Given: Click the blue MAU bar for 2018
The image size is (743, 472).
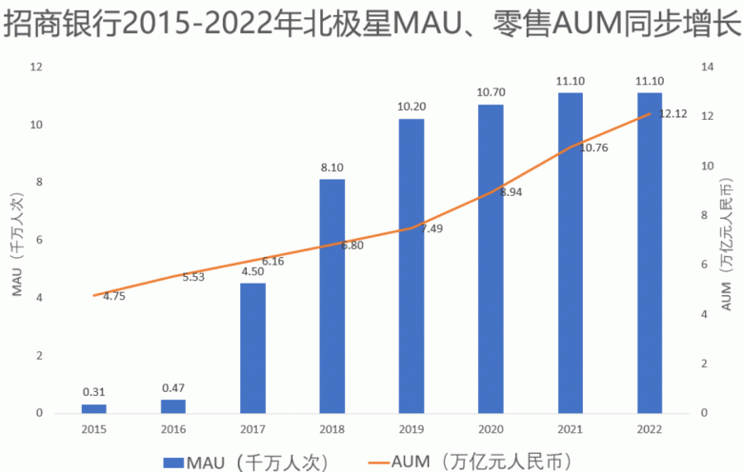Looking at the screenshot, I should tap(331, 296).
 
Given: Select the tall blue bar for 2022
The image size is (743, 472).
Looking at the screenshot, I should tap(650, 253).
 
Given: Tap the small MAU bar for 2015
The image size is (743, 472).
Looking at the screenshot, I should tap(93, 408).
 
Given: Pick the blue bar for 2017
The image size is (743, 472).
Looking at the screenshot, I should tap(252, 348).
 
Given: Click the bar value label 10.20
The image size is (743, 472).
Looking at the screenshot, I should tap(412, 107).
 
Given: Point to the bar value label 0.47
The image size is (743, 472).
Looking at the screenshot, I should tap(173, 387).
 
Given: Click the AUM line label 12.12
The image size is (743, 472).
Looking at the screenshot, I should tap(673, 114).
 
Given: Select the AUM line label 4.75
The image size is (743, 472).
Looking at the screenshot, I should tap(114, 296).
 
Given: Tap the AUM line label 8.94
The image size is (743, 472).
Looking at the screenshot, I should tap(511, 191).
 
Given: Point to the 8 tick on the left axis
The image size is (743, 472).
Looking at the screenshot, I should tap(36, 183).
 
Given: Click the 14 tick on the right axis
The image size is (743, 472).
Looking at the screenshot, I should tap(707, 67).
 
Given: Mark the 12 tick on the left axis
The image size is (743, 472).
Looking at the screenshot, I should tap(36, 67).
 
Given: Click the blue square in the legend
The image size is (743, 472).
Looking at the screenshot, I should tap(173, 462).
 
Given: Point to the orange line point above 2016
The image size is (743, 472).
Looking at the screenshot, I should tap(173, 276).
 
